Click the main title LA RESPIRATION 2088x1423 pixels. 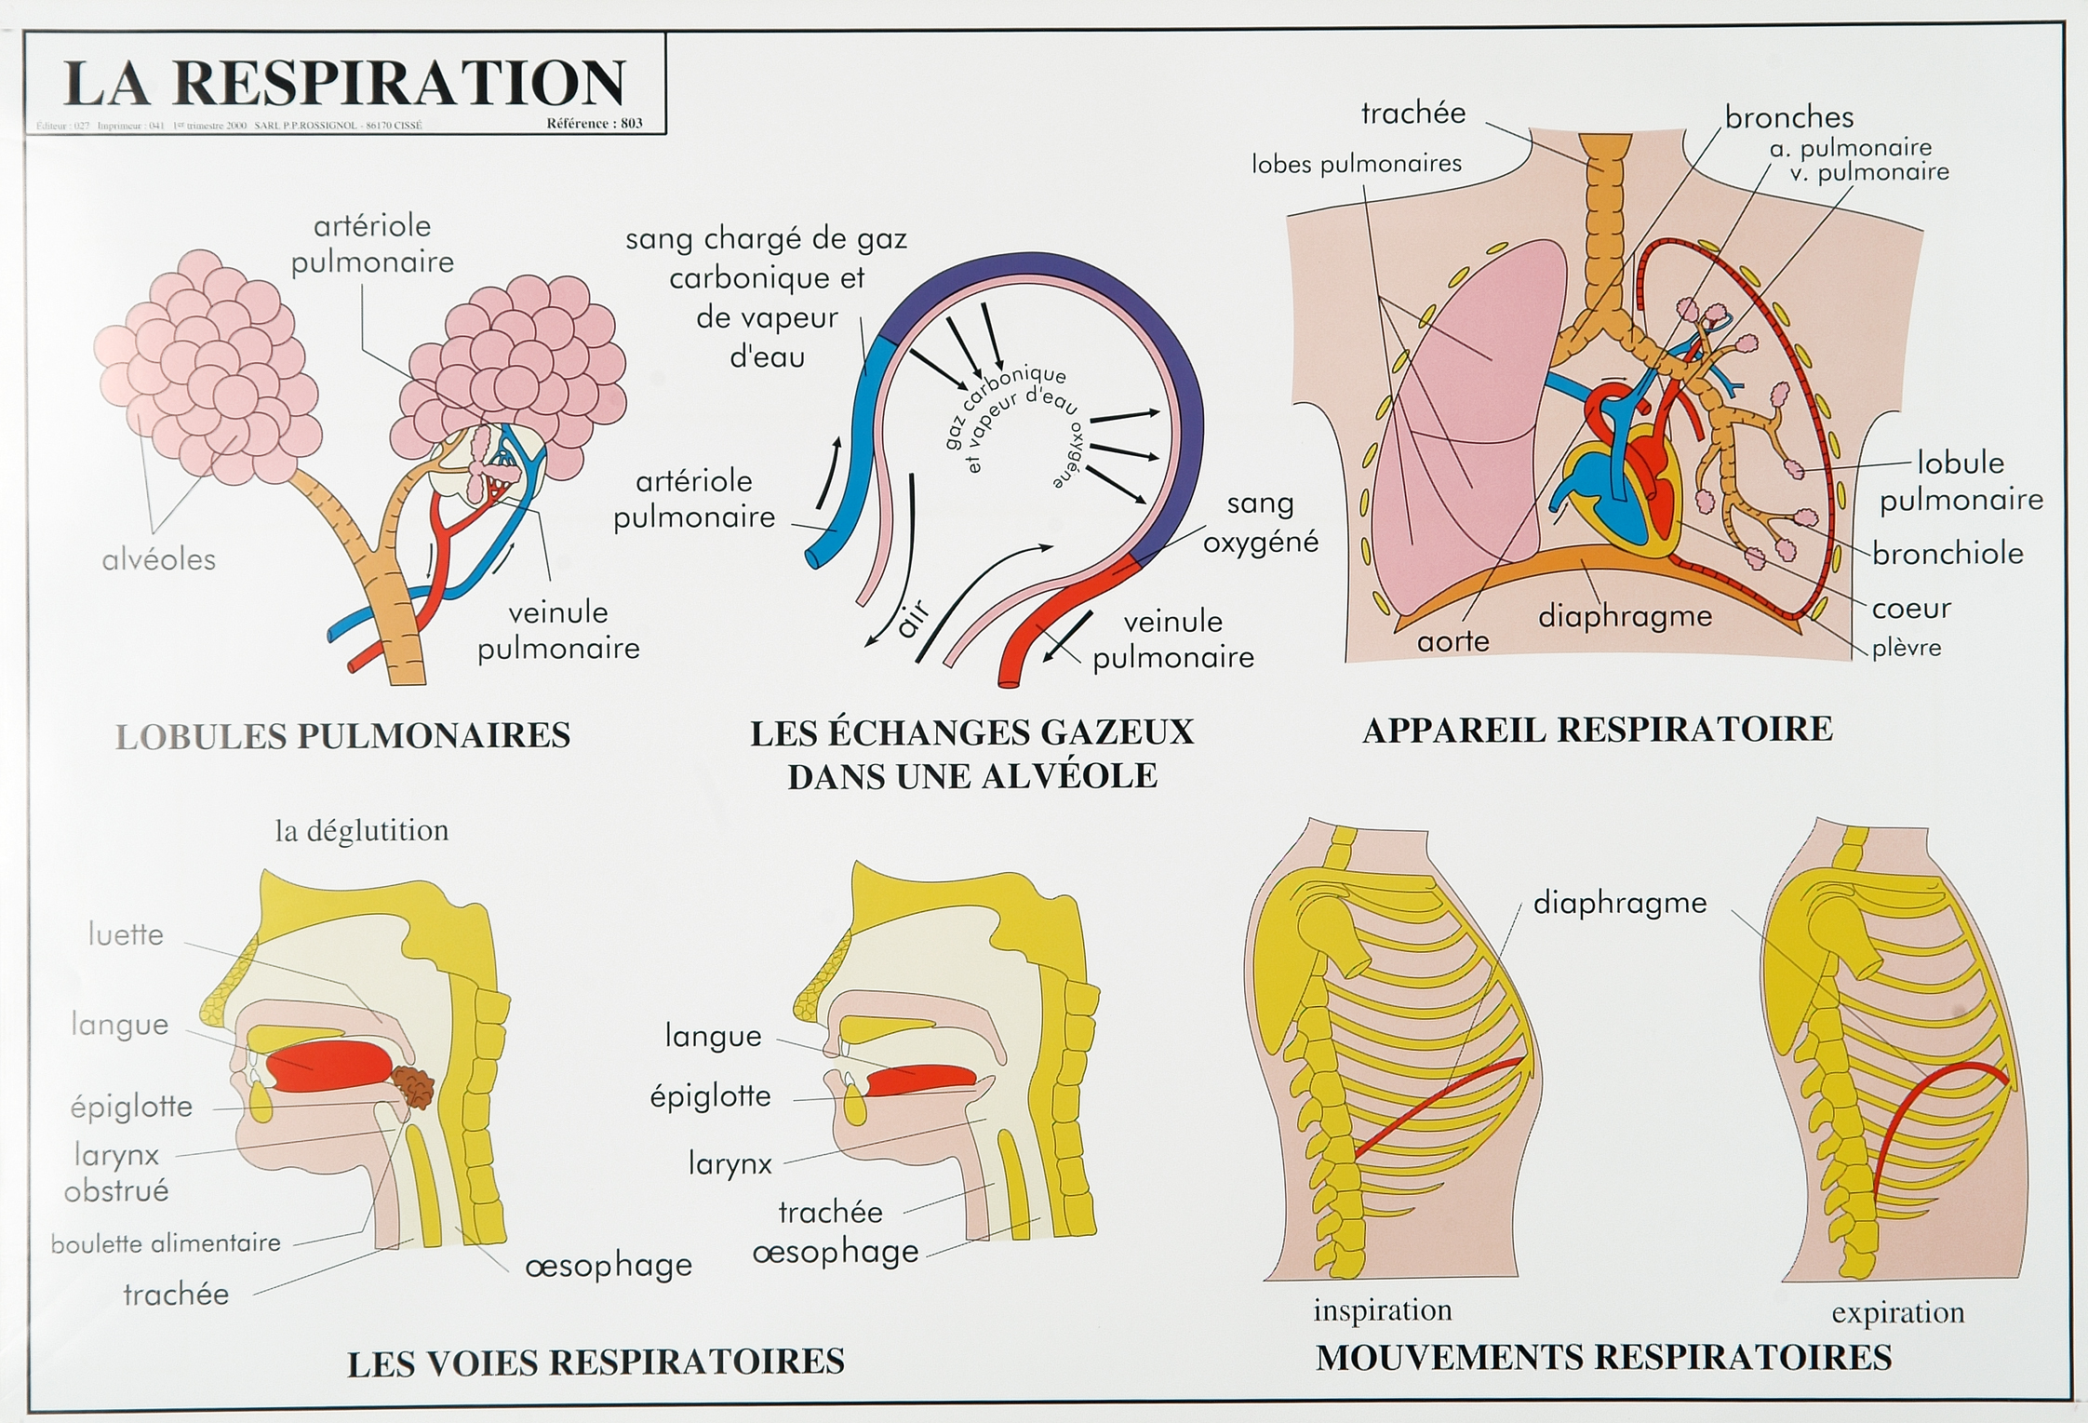[x=344, y=83]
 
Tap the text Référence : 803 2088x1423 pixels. [x=595, y=124]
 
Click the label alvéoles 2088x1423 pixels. [x=159, y=559]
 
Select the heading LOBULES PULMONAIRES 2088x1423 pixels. [x=342, y=735]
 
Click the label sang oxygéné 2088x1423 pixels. [x=1261, y=522]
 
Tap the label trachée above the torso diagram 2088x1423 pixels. [x=1412, y=114]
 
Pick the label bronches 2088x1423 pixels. [x=1788, y=117]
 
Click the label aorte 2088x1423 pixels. [x=1452, y=641]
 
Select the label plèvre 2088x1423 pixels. [x=1907, y=648]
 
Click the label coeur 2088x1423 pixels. [x=1911, y=609]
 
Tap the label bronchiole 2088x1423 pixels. [x=1947, y=554]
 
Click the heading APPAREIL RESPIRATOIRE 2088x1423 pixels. [x=1597, y=729]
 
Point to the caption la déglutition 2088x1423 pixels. [x=361, y=830]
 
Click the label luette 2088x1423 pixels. [x=126, y=934]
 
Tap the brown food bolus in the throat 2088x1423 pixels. [x=413, y=1087]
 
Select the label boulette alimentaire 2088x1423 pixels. [x=166, y=1243]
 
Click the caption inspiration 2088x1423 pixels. [x=1382, y=1310]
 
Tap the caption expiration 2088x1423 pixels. [x=1898, y=1313]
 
